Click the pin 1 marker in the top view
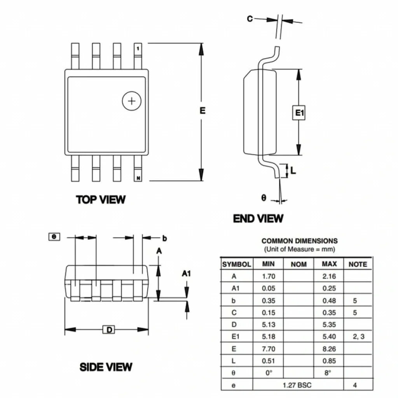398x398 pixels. click(138, 48)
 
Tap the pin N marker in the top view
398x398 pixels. click(138, 178)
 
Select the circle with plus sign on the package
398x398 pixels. click(131, 101)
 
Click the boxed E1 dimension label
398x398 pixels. click(299, 112)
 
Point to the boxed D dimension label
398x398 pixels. click(109, 330)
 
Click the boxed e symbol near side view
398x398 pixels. click(54, 237)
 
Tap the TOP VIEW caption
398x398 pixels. click(101, 199)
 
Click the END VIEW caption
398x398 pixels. click(258, 218)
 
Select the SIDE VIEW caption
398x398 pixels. click(106, 367)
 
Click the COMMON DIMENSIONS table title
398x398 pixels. click(300, 241)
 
